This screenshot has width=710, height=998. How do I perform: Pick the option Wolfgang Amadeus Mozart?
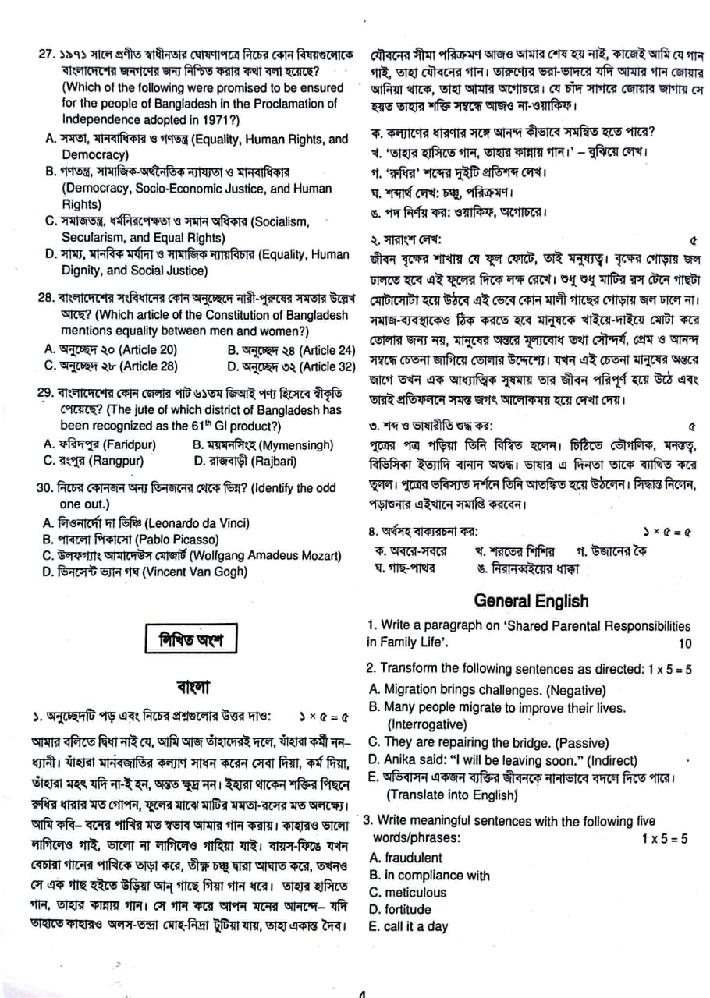coord(191,555)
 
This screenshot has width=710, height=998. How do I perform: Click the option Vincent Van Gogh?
coord(144,572)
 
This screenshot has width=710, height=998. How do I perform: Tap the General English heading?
coord(531,600)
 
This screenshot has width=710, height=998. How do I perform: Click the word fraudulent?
coord(405,858)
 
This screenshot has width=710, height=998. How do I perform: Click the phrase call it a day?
coord(408,926)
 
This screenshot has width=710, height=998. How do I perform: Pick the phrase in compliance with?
coord(429,875)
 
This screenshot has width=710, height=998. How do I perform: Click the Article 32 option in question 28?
coord(292,366)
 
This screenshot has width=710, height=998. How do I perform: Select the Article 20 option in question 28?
coord(109,349)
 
